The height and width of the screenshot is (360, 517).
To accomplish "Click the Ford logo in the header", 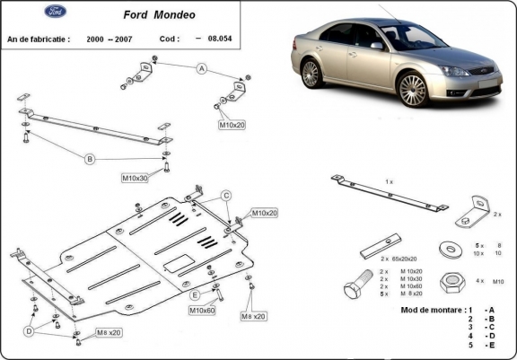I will [x=55, y=13].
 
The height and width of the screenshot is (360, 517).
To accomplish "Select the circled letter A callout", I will [x=202, y=68].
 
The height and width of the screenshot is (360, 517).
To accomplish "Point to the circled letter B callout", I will [x=89, y=160].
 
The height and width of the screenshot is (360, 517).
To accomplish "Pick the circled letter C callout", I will [x=227, y=195].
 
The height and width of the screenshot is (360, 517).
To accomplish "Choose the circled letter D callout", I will [x=30, y=331].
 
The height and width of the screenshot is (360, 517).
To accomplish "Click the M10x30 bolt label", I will [x=135, y=178].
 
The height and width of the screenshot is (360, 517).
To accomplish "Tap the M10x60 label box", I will [x=201, y=311].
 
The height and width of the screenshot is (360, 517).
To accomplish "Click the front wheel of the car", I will [x=413, y=89].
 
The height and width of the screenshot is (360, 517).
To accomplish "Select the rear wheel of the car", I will [x=311, y=74].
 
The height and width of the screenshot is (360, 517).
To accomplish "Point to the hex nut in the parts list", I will [x=449, y=280].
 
